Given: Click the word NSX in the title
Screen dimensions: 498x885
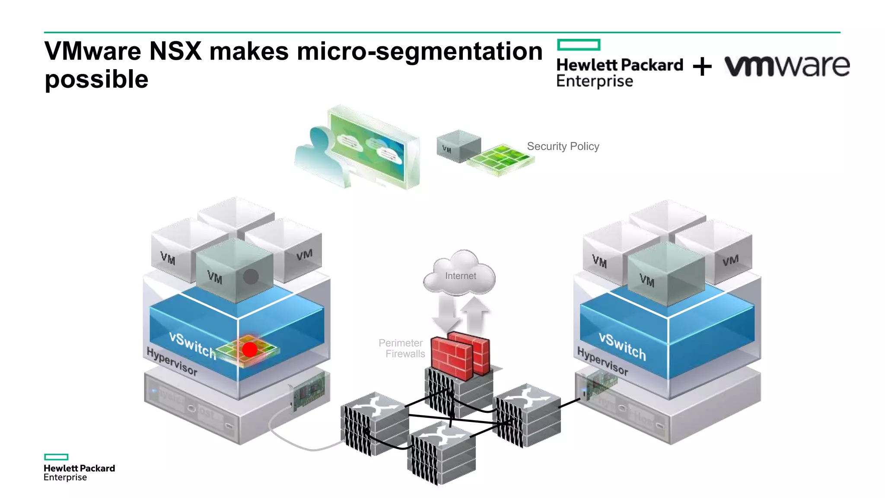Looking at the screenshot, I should pyautogui.click(x=175, y=51).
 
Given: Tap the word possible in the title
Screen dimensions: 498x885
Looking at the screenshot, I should pyautogui.click(x=96, y=80).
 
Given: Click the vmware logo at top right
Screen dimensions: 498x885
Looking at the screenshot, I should pyautogui.click(x=787, y=66).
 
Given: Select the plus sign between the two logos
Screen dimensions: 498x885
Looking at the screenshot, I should pyautogui.click(x=702, y=67).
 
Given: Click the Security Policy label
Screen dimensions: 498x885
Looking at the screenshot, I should pyautogui.click(x=563, y=147).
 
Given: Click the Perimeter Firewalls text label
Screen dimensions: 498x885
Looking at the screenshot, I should pyautogui.click(x=402, y=348).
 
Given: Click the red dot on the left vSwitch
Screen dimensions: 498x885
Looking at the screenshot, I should pyautogui.click(x=250, y=349).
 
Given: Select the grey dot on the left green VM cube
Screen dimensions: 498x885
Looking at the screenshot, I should pyautogui.click(x=251, y=276).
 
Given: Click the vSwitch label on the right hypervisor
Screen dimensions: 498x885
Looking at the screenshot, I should pyautogui.click(x=622, y=346).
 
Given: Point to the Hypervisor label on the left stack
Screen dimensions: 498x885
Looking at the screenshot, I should pyautogui.click(x=172, y=361).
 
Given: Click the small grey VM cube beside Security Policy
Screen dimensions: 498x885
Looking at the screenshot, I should pyautogui.click(x=458, y=146).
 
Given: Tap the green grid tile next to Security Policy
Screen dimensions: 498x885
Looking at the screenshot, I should pyautogui.click(x=501, y=159).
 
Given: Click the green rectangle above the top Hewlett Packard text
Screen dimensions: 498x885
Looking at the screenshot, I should pyautogui.click(x=579, y=45).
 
